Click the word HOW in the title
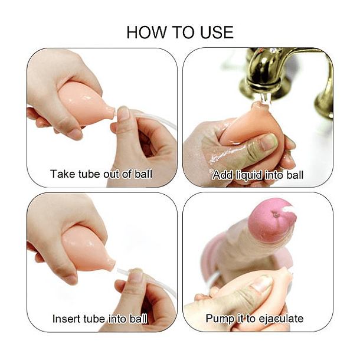click(x=146, y=32)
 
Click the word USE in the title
click(x=217, y=32)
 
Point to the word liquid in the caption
click(x=249, y=175)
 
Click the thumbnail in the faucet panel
click(x=269, y=141)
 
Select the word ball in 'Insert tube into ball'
click(x=138, y=319)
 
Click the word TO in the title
click(x=183, y=32)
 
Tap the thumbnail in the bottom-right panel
click(x=261, y=283)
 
